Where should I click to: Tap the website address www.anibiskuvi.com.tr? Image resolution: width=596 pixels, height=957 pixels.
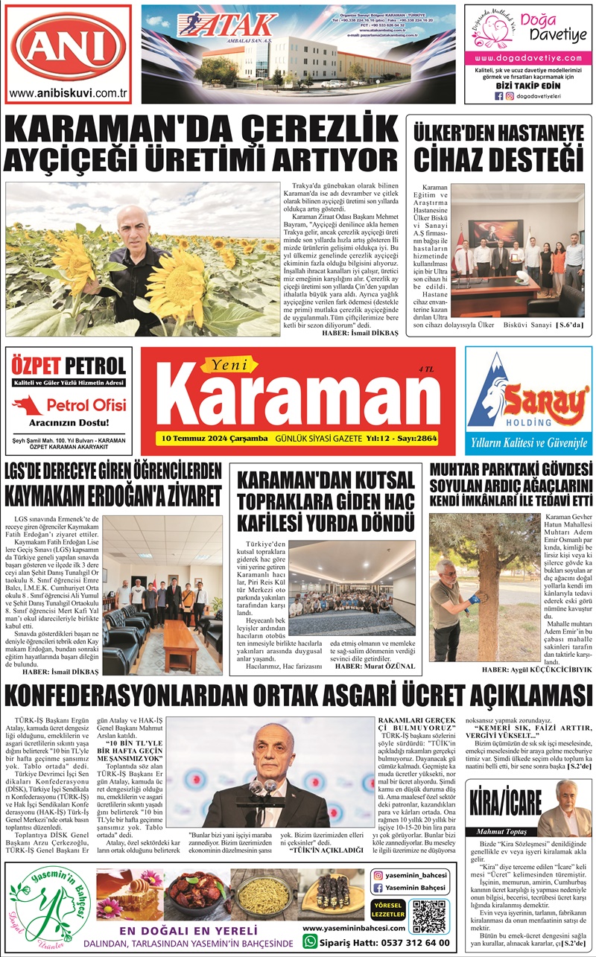69,93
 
